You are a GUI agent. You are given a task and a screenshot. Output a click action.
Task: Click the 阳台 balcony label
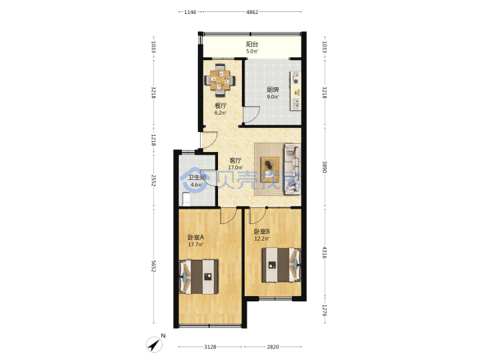click(252, 44)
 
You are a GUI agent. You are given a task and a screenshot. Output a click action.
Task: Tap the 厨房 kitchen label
click(273, 90)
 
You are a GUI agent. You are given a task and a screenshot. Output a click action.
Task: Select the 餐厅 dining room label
click(221, 106)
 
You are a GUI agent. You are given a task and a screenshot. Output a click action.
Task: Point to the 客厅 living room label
click(235, 161)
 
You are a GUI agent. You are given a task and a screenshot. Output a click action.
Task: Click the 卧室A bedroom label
click(195, 237)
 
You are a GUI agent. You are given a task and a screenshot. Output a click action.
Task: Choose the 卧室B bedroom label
click(261, 231)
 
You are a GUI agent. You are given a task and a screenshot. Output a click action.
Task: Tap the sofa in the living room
click(293, 169)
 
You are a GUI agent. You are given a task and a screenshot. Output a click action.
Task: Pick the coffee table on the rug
click(270, 169)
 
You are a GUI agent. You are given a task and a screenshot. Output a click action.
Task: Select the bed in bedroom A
click(199, 277)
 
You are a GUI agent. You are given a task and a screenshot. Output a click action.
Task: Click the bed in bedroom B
click(281, 265)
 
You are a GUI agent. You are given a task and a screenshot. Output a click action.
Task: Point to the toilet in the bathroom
click(186, 199)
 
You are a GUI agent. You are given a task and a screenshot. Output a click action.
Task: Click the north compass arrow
click(154, 345)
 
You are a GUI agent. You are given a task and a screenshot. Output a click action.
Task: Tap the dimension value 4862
click(252, 12)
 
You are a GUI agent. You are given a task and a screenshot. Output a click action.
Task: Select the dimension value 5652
click(154, 266)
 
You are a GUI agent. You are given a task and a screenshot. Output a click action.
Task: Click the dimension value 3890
click(324, 167)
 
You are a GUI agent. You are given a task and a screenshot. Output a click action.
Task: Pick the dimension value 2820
click(273, 347)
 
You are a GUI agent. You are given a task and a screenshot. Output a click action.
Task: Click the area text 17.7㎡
click(195, 244)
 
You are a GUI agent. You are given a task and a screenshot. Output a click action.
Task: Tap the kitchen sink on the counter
click(296, 104)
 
